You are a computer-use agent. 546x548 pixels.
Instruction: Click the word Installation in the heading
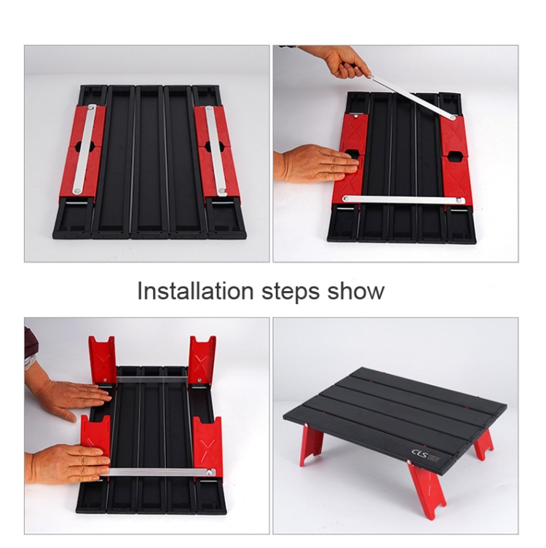pos(195,291)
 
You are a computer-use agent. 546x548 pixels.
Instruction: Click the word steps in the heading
pos(290,293)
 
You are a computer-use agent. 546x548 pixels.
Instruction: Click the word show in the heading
pos(355,291)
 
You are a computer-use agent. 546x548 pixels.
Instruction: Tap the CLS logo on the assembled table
pos(417,453)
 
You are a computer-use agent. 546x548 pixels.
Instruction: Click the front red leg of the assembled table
pos(427,488)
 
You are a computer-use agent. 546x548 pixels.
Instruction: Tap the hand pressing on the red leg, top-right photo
pos(317,163)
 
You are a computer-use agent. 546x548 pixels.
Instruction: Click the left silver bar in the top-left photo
pos(84,149)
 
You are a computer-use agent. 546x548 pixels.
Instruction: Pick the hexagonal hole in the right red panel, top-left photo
pos(213,148)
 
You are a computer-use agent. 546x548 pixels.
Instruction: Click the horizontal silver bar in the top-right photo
pos(404,199)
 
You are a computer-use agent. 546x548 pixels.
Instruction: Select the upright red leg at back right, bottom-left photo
pos(202,360)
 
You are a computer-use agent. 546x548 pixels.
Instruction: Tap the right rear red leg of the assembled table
pos(483,441)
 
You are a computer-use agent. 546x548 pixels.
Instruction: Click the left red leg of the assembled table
pos(311,445)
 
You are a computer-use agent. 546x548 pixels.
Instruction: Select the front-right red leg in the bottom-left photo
pos(207,444)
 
